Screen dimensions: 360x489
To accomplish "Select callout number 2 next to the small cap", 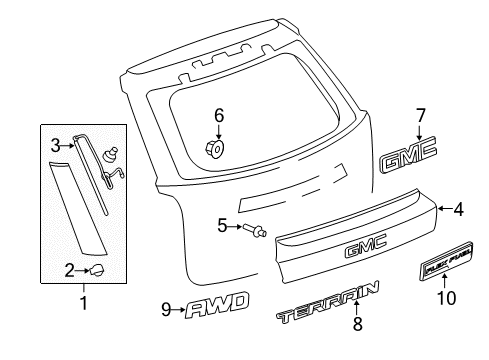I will [70, 268].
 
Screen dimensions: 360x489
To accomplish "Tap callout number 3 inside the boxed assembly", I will [56, 145].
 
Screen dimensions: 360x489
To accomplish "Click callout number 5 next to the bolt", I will [222, 226].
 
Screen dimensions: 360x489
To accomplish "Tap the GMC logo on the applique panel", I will [364, 250].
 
